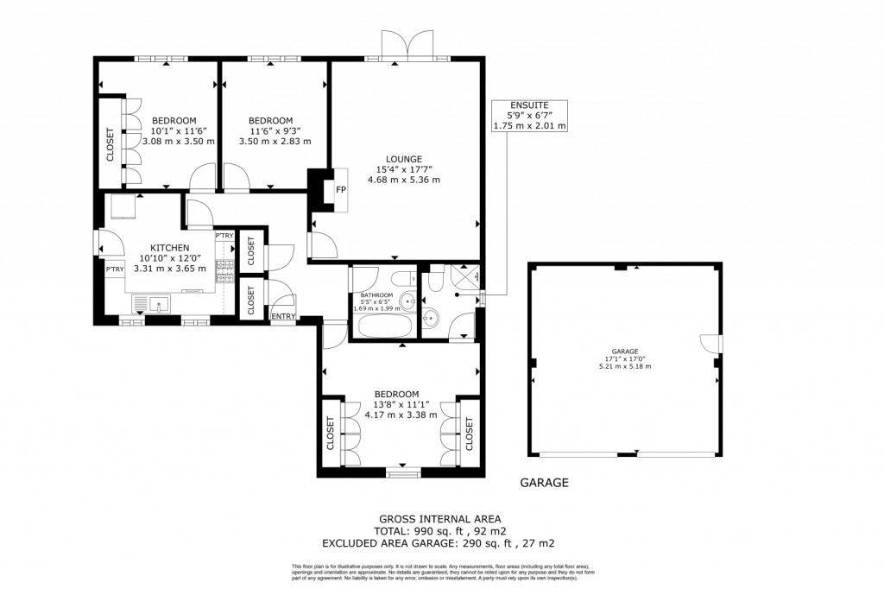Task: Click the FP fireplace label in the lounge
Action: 340,190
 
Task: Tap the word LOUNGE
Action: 404,159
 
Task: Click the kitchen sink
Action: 156,304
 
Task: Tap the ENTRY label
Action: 283,317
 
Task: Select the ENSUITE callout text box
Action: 529,115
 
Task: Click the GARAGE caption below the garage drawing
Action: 545,483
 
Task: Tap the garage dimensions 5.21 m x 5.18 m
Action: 625,366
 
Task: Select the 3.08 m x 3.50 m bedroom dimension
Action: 178,142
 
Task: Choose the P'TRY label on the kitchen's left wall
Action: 114,270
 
